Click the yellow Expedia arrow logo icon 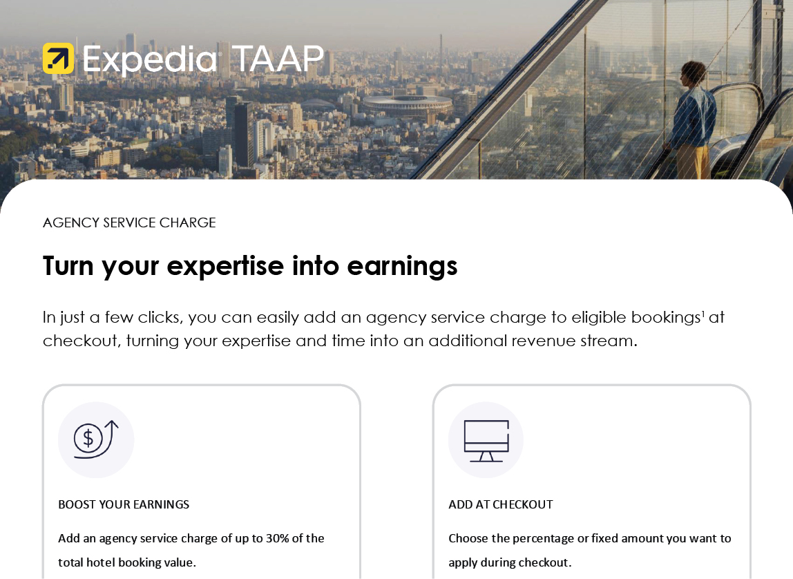coord(58,58)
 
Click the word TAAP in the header coord(278,59)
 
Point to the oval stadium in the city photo coord(407,105)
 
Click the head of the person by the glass coord(692,74)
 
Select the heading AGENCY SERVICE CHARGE coord(129,222)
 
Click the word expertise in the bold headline coord(226,266)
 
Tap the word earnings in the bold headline coord(402,267)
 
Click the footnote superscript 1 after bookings coord(703,314)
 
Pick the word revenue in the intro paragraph coord(544,341)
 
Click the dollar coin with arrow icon coord(96,439)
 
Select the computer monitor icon coord(486,441)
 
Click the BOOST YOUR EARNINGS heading coord(124,504)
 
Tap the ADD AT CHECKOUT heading coord(501,504)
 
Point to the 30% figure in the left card coord(278,538)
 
